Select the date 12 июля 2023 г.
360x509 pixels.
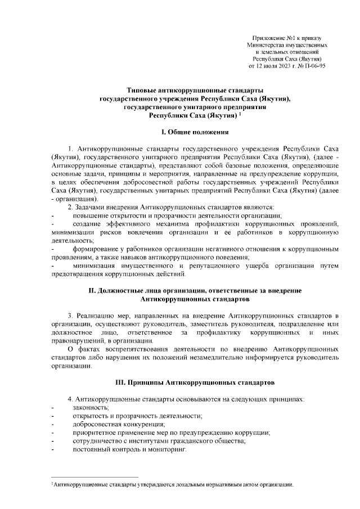coord(280,66)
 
